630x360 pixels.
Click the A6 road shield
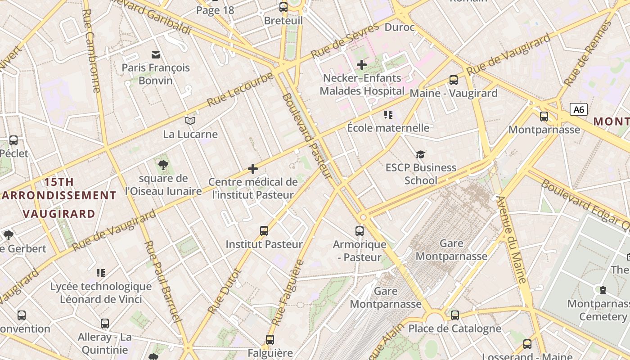pyautogui.click(x=579, y=109)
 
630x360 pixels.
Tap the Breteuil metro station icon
pyautogui.click(x=283, y=7)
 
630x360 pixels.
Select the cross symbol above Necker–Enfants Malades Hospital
pyautogui.click(x=361, y=65)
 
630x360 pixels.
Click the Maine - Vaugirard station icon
pyautogui.click(x=453, y=80)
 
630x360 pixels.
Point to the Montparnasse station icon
pyautogui.click(x=544, y=117)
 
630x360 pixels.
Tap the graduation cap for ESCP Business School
pyautogui.click(x=420, y=155)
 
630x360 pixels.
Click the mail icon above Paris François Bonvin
pyautogui.click(x=156, y=55)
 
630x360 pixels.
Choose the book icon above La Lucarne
pyautogui.click(x=190, y=121)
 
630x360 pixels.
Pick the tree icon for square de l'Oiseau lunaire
pyautogui.click(x=163, y=165)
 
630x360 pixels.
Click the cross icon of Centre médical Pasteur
pyautogui.click(x=253, y=169)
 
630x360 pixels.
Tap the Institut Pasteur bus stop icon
pyautogui.click(x=264, y=231)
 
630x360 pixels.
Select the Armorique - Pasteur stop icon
pyautogui.click(x=359, y=231)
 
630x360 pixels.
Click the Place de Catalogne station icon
pyautogui.click(x=454, y=315)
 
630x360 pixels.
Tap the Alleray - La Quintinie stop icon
pyautogui.click(x=105, y=323)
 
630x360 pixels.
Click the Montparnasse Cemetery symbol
pyautogui.click(x=603, y=290)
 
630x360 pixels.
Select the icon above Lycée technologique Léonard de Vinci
pyautogui.click(x=101, y=273)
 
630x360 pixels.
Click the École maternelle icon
pyautogui.click(x=388, y=115)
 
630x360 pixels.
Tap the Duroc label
pyautogui.click(x=400, y=27)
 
